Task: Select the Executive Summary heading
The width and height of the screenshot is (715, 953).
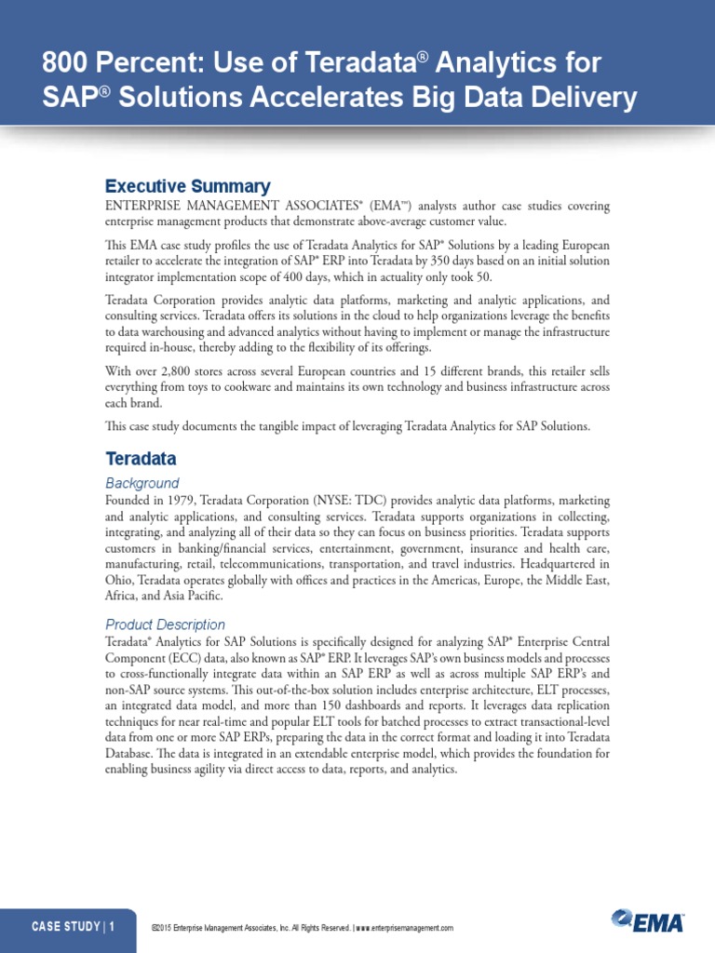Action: tap(187, 186)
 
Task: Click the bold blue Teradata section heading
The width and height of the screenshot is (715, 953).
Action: tap(141, 459)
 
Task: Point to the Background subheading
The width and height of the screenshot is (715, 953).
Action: tap(142, 483)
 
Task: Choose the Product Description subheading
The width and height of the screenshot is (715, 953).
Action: tap(165, 624)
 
